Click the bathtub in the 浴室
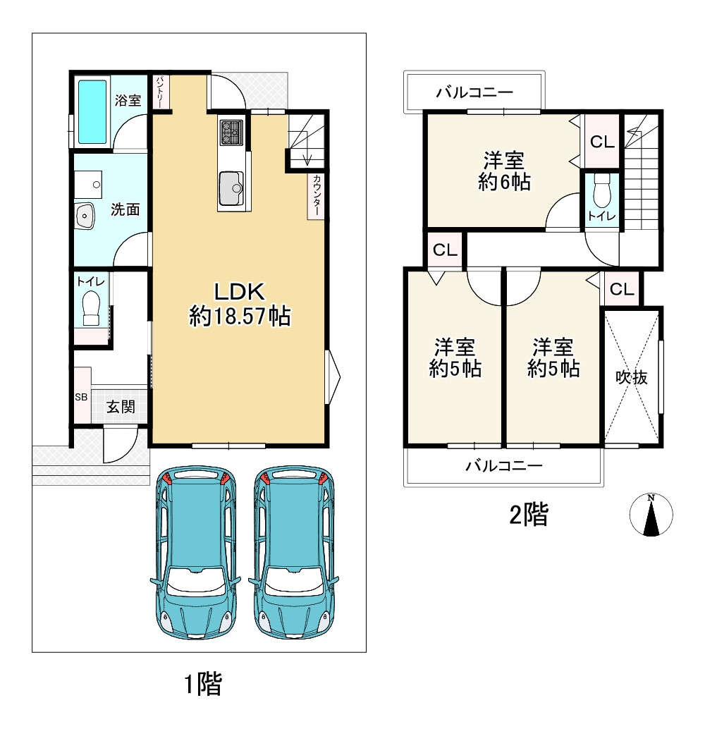pyautogui.click(x=92, y=112)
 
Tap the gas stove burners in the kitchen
pyautogui.click(x=231, y=132)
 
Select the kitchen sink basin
pyautogui.click(x=231, y=188)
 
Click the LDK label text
pyautogui.click(x=239, y=292)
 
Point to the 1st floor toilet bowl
pyautogui.click(x=91, y=307)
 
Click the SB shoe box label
pyautogui.click(x=81, y=397)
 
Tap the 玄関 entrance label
pyautogui.click(x=121, y=407)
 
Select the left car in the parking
pyautogui.click(x=195, y=553)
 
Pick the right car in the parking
pyautogui.click(x=293, y=553)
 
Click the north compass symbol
pyautogui.click(x=651, y=515)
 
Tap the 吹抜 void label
pyautogui.click(x=631, y=377)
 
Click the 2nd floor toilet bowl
pyautogui.click(x=602, y=190)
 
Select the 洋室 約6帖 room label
pyautogui.click(x=504, y=171)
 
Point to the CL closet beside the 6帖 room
pyautogui.click(x=602, y=141)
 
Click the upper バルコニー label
pyautogui.click(x=474, y=92)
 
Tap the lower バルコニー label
pyautogui.click(x=504, y=465)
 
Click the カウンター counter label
pyautogui.click(x=317, y=195)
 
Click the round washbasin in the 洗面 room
pyautogui.click(x=85, y=216)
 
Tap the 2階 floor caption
pyautogui.click(x=529, y=515)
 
